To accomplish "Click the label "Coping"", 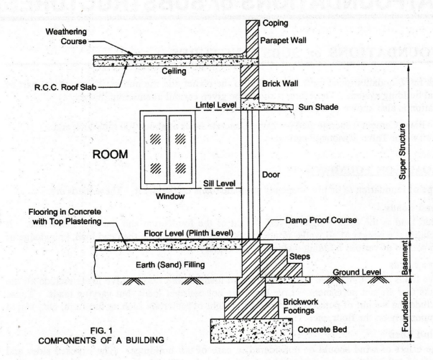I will [x=276, y=24].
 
